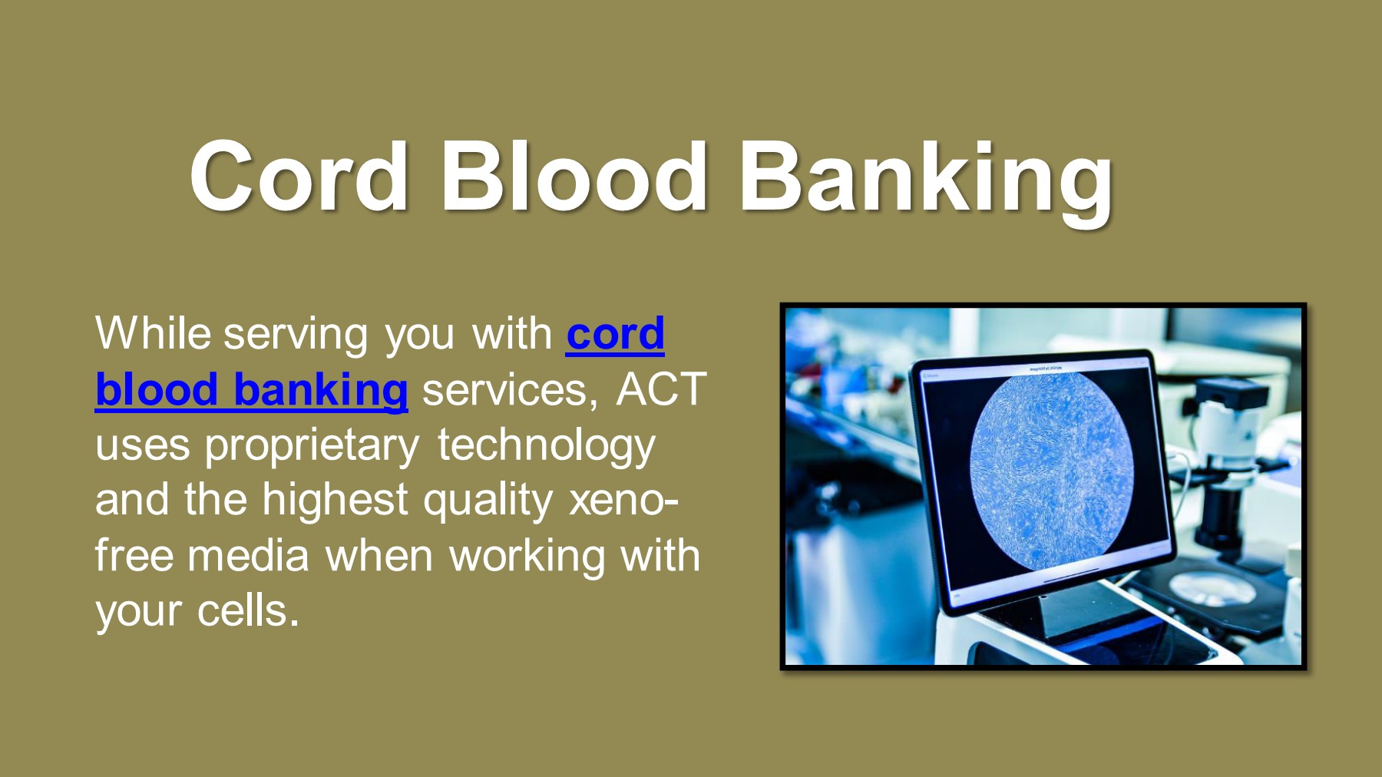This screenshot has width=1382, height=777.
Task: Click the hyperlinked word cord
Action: pos(615,334)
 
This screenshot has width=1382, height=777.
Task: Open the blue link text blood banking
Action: pos(251,390)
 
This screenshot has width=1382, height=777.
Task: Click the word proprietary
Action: pos(312,446)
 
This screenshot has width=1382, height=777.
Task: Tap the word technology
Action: pos(546,446)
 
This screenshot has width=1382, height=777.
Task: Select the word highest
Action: pos(335,501)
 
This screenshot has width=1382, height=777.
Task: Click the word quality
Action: pos(488,501)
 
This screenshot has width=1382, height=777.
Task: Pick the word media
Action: pos(248,556)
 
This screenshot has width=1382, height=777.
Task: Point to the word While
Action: pos(153,334)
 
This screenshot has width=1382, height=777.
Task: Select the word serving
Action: pos(296,336)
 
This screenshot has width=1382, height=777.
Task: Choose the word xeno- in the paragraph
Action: pos(623,501)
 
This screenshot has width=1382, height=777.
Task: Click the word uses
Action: pos(142,446)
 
